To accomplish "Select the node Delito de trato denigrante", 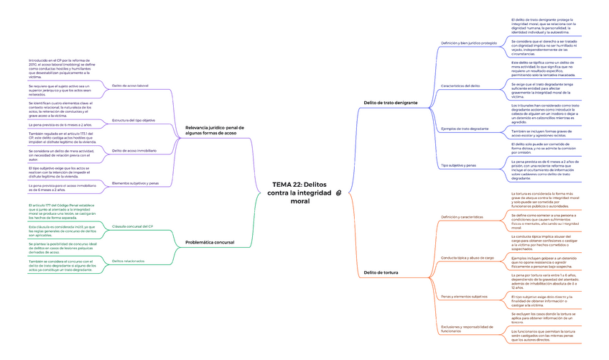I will [x=391, y=103].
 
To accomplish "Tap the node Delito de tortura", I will [x=381, y=272].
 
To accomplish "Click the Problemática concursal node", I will [x=210, y=242].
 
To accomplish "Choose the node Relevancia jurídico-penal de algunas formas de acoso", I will [x=211, y=129].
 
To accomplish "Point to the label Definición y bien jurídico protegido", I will [x=468, y=43].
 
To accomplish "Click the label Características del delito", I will [x=460, y=86].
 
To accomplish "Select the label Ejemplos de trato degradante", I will [x=464, y=129].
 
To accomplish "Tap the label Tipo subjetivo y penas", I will [x=458, y=165].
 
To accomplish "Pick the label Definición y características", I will [x=462, y=216].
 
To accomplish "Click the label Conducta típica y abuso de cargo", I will [x=467, y=257].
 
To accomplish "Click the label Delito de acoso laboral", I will [x=130, y=86].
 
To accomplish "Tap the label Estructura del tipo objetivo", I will [x=134, y=120].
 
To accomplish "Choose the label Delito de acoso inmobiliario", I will [x=134, y=150].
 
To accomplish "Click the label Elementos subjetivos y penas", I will [x=136, y=183].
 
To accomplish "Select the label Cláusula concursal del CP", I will [x=133, y=226].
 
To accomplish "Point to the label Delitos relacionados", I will [x=129, y=260].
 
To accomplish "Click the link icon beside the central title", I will [x=338, y=193].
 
